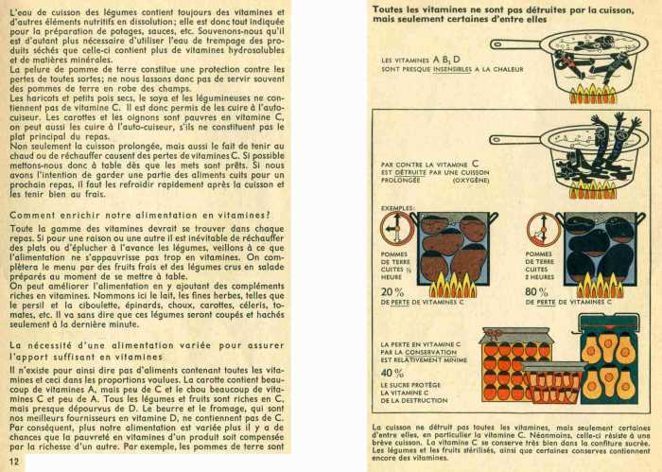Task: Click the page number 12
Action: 14,461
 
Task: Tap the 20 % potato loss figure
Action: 392,291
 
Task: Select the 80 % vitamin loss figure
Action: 536,291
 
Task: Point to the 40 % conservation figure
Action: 392,373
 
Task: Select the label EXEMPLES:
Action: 397,207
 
